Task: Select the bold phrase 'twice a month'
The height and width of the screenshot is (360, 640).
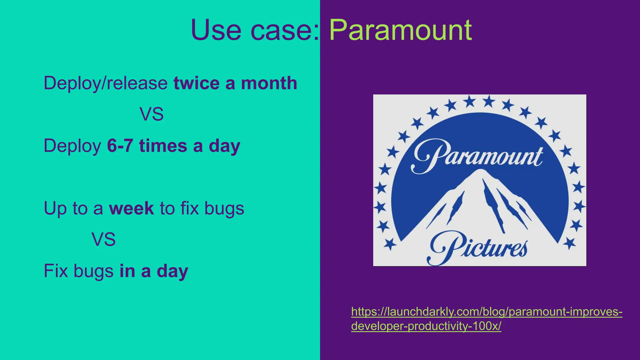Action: tap(235, 83)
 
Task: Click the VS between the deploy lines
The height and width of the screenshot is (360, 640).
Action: tap(152, 114)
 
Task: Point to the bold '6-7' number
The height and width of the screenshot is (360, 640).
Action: tap(120, 146)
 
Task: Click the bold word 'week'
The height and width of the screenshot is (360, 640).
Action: tap(131, 208)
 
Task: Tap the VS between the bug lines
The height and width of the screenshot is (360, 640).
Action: tap(103, 240)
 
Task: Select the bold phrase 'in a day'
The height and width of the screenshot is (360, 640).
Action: tap(154, 271)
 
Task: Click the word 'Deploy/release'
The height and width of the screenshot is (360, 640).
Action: tap(106, 83)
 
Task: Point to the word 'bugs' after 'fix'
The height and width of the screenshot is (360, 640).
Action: tap(224, 208)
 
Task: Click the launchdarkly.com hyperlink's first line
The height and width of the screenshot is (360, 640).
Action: tap(487, 312)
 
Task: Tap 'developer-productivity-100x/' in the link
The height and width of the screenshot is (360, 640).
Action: tap(426, 326)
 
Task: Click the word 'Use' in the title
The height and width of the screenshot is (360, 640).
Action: tap(216, 30)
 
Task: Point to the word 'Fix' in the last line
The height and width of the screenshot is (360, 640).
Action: tap(56, 271)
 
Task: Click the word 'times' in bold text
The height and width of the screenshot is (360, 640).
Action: tap(163, 146)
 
